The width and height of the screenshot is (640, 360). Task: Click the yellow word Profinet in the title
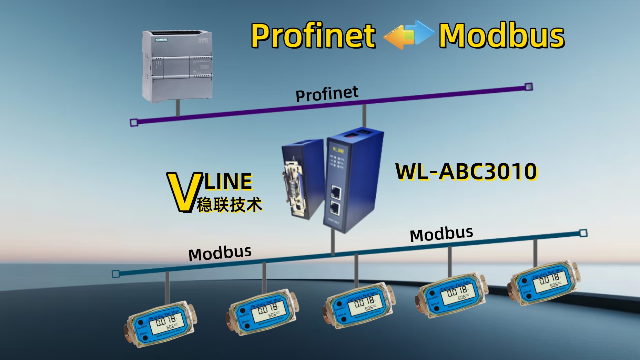(313, 35)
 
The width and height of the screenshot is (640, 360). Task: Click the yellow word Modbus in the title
(501, 35)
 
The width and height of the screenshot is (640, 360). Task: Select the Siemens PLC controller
(177, 66)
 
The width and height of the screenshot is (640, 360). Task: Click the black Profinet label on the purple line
(327, 94)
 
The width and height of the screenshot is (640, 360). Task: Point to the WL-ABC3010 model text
(466, 172)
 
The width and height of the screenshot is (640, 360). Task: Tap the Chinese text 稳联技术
(230, 205)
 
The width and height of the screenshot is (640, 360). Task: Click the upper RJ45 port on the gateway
(336, 192)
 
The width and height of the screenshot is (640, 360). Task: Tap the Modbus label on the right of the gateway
(441, 234)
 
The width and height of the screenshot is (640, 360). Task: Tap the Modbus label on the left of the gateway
(220, 254)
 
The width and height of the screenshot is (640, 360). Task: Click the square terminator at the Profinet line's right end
(528, 87)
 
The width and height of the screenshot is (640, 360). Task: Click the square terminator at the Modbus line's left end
(116, 274)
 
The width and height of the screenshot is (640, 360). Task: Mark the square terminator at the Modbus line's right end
(583, 233)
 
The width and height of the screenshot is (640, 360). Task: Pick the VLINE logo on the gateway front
(338, 150)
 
